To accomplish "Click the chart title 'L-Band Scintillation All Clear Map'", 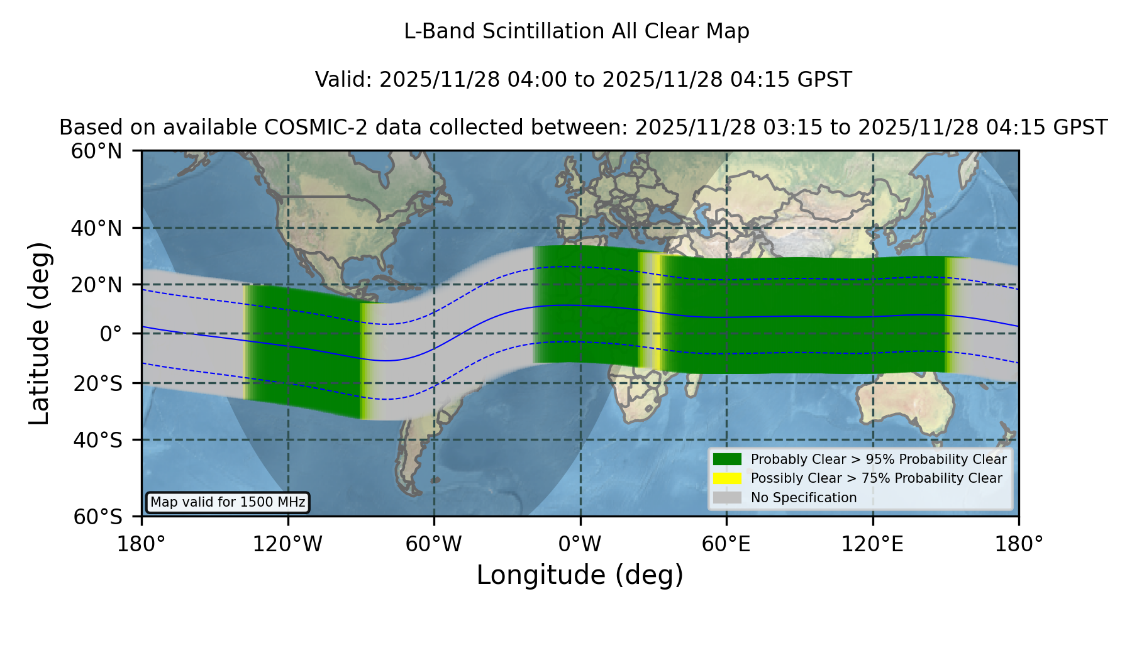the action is click(577, 31).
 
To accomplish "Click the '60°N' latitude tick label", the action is click(96, 151).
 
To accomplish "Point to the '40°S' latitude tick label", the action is click(97, 440).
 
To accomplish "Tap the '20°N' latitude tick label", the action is click(96, 285).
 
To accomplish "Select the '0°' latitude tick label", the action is click(111, 334).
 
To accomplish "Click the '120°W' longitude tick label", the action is click(287, 544).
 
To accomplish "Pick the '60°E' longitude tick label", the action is click(726, 544).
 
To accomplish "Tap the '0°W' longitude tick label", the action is click(580, 544).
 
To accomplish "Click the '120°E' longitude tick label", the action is click(872, 544).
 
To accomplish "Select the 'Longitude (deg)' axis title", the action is click(580, 575).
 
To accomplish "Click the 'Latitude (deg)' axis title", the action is click(39, 334).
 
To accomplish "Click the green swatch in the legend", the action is click(727, 459).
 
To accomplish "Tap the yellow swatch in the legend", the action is click(727, 478).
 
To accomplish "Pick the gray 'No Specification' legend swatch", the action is click(727, 498).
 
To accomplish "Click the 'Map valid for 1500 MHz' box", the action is click(228, 502).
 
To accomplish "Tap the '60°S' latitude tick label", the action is click(97, 517).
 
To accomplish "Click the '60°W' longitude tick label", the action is click(433, 544).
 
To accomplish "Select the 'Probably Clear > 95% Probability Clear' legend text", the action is click(879, 459).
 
